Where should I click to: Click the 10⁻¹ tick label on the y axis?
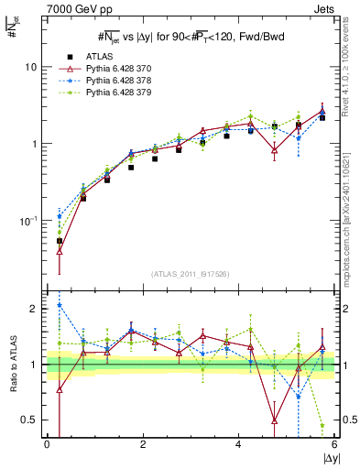29,221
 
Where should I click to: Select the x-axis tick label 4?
238,444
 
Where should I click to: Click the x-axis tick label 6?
334,444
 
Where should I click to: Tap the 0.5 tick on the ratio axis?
31,420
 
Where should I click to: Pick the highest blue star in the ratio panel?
60,305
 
